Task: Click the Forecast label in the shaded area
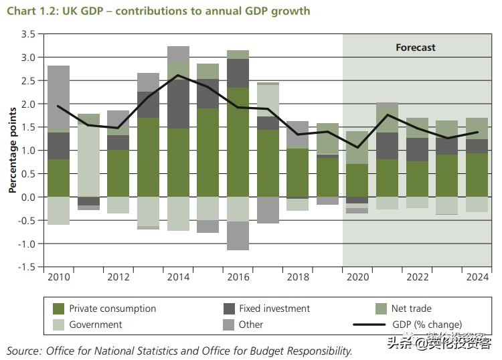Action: [x=415, y=48]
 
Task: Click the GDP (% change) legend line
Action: [x=371, y=325]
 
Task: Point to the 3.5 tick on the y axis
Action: [x=28, y=34]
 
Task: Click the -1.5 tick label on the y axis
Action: [x=27, y=267]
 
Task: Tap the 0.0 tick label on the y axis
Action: [x=28, y=197]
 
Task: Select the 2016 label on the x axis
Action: [x=238, y=277]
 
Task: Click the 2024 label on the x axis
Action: [x=477, y=277]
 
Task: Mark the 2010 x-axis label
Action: [x=58, y=277]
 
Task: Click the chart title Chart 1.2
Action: [x=159, y=11]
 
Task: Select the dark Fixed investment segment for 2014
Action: [x=178, y=104]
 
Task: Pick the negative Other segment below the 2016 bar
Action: [x=238, y=236]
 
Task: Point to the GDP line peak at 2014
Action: [x=177, y=75]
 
